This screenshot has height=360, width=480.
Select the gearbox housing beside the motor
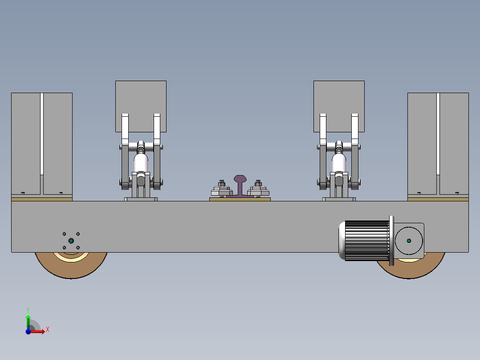(x=409, y=241)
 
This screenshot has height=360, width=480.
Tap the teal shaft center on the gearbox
(x=409, y=241)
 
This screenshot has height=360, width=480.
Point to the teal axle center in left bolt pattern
(x=71, y=241)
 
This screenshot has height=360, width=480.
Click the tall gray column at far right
(x=454, y=143)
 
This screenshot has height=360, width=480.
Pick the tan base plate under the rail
(x=240, y=199)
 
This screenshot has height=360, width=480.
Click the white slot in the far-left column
(x=42, y=134)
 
